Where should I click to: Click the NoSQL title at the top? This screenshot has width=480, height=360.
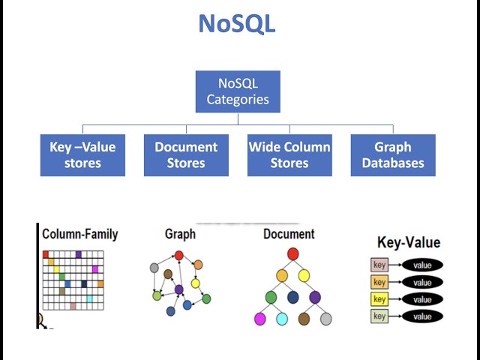point(237,23)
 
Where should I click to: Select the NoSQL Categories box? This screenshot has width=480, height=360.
point(238,91)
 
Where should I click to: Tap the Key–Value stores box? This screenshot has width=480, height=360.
point(82,155)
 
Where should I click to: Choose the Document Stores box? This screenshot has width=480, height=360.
point(186,155)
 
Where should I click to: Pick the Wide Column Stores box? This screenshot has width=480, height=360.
point(289,155)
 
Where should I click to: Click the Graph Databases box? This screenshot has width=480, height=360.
point(393,155)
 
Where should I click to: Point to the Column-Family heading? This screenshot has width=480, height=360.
point(79,234)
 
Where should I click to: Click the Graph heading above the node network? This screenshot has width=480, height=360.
point(180,234)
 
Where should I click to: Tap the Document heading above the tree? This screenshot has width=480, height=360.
point(289,234)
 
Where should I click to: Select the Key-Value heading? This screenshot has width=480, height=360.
point(408,242)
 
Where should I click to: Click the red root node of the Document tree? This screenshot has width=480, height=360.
point(293,254)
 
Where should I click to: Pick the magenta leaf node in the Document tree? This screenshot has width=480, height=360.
point(260,319)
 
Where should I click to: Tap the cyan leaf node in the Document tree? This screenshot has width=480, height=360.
point(282,319)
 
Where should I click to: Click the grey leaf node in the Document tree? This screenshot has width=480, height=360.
point(325,319)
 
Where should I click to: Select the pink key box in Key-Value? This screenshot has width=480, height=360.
point(379,265)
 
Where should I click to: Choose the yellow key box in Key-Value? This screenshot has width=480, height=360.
point(379,299)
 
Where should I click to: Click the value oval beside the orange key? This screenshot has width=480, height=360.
point(422,283)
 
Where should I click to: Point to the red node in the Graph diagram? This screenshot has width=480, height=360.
point(178,256)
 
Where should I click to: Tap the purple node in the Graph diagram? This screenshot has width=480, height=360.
point(178,289)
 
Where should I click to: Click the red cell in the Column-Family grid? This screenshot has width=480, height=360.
point(46,255)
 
